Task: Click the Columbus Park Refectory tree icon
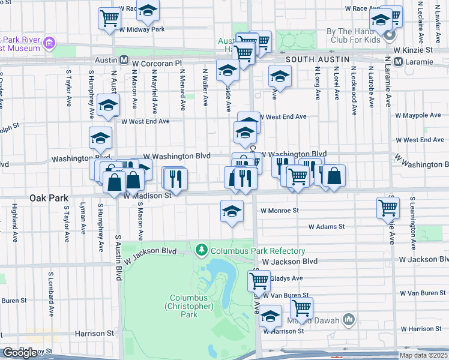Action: pos(202,249)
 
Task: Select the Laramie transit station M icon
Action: pos(397,61)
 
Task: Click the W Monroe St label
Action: pos(279,211)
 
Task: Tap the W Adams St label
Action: pos(327,227)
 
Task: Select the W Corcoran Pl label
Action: pos(157,62)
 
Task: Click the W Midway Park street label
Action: pos(142,29)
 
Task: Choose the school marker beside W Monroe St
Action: pos(231,211)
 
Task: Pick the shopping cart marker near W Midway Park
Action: pos(109,18)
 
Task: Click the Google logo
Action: pos(20,353)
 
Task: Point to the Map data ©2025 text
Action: pos(423,355)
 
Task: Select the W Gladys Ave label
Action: pos(286,278)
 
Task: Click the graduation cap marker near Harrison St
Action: pos(270,316)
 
